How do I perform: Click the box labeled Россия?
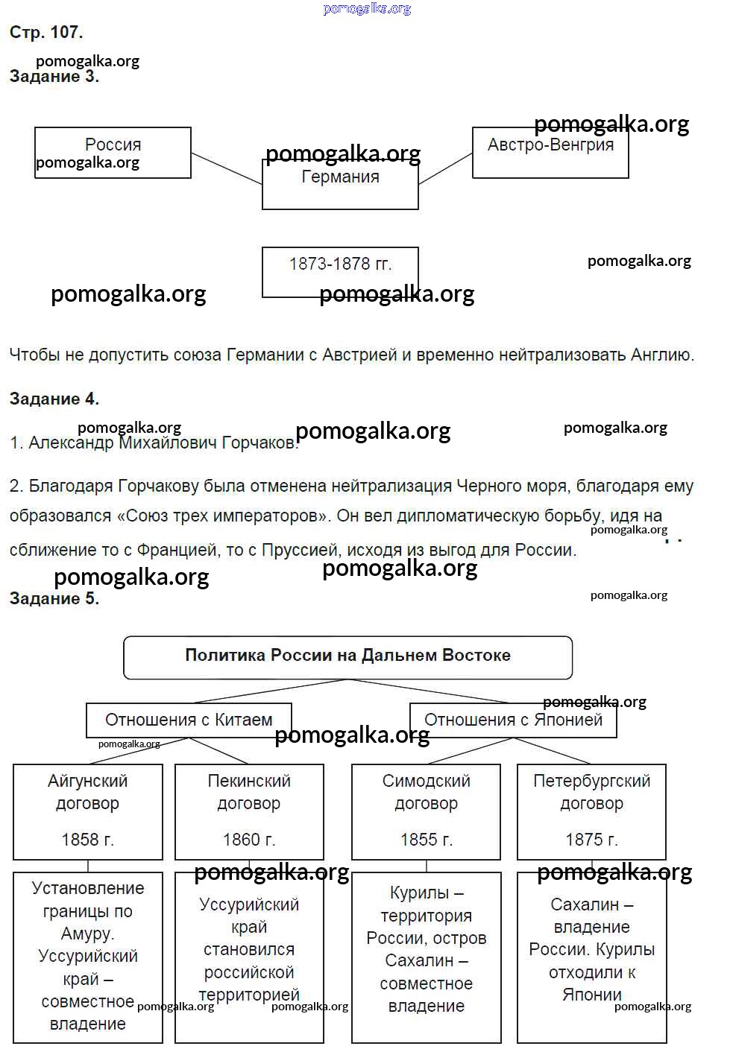point(113,152)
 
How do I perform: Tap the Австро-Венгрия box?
point(550,152)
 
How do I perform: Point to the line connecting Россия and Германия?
point(227,168)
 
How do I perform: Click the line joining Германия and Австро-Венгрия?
point(446,168)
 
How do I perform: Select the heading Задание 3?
point(54,77)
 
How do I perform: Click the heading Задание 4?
point(54,399)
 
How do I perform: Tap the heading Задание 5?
point(54,598)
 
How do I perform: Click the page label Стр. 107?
point(46,32)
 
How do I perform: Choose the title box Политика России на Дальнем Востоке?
point(347,656)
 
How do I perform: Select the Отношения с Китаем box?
point(189,720)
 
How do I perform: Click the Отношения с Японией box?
point(513,720)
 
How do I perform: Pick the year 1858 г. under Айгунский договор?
point(87,840)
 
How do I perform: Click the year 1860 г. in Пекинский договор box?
point(249,840)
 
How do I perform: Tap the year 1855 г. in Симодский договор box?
point(426,840)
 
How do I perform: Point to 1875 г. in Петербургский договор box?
point(591,840)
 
